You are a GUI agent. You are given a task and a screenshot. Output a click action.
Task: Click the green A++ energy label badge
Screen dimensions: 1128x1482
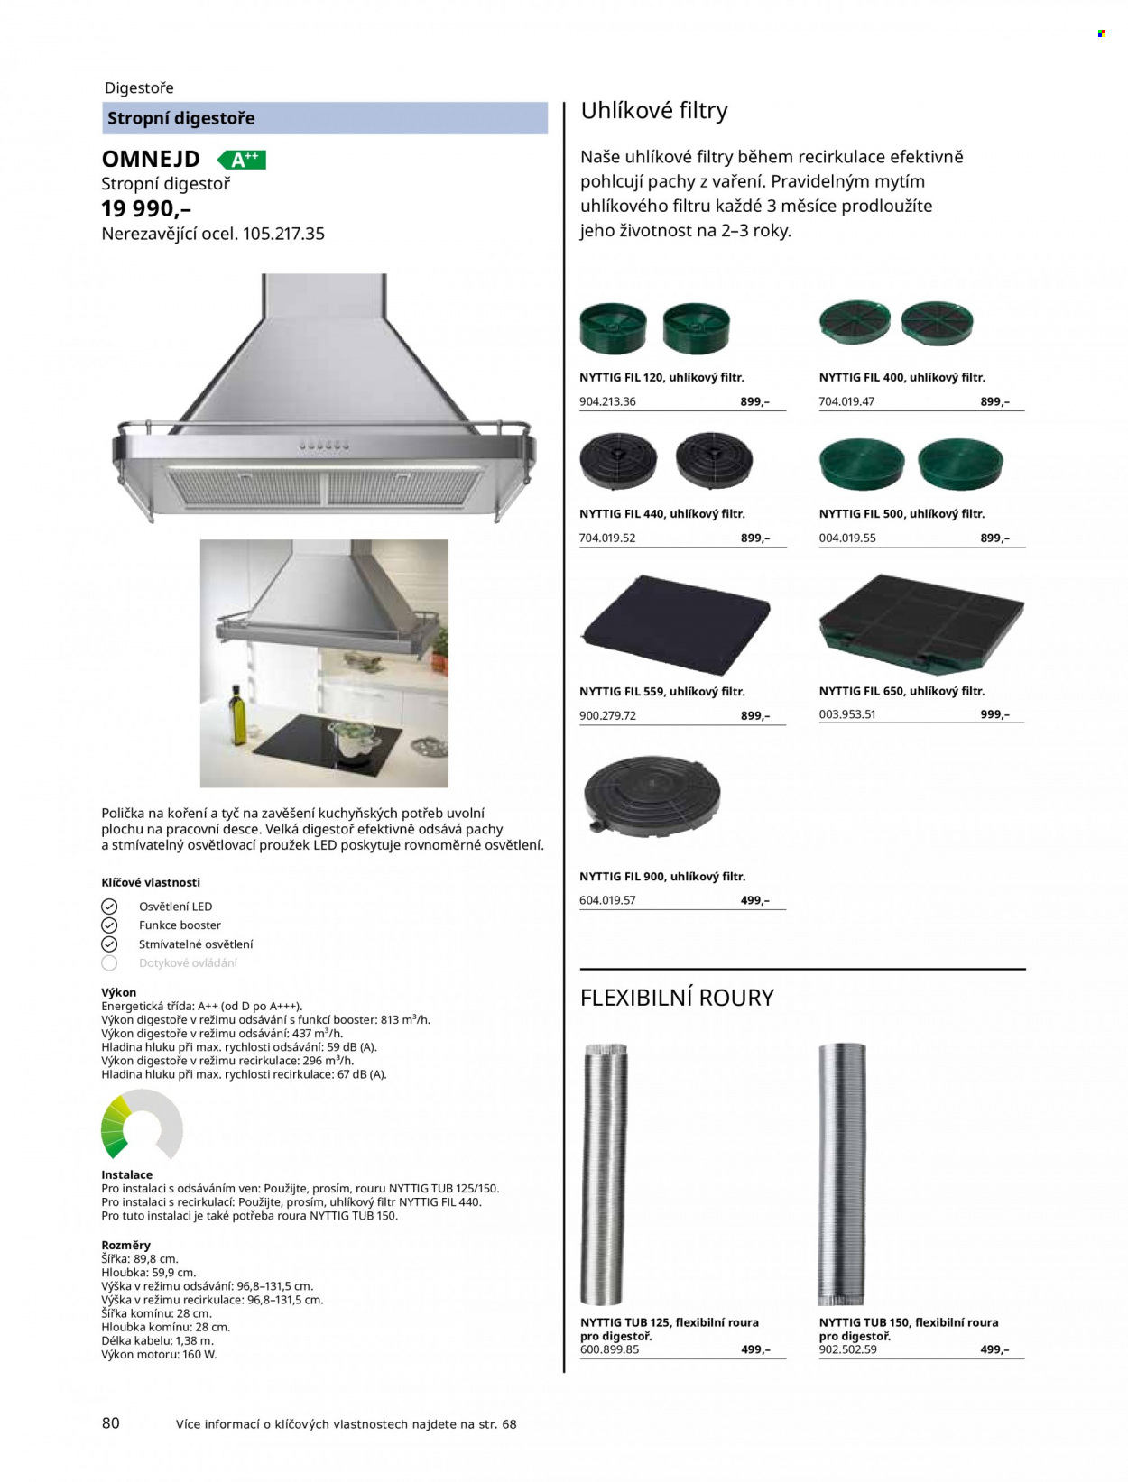coord(242,160)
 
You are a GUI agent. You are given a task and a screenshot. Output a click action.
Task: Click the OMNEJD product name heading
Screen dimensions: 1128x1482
coord(151,160)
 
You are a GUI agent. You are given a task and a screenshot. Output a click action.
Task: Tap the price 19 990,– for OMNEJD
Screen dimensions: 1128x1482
coord(146,209)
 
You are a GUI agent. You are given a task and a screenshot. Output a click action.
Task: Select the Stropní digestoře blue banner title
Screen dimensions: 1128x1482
coord(181,118)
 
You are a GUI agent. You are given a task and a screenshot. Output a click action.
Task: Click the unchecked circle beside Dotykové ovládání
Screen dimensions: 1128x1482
coord(109,962)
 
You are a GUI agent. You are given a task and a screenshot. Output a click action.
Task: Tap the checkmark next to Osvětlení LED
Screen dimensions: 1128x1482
coord(109,907)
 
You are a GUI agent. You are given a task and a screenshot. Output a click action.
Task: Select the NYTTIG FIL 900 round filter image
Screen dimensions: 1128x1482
coord(652,796)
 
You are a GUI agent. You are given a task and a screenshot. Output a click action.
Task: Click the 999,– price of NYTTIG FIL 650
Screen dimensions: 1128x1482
coord(994,714)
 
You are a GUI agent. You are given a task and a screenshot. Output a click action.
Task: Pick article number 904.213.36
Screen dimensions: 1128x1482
coord(607,401)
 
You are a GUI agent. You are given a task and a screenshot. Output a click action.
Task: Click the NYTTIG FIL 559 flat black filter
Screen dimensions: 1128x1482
coord(676,624)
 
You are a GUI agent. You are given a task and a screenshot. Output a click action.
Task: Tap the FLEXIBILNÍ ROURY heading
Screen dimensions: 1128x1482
coord(677,998)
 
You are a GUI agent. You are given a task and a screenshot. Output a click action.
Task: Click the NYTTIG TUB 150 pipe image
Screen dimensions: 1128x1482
coord(842,1174)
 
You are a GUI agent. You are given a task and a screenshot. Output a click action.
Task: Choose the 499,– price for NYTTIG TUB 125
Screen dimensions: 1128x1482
coord(755,1349)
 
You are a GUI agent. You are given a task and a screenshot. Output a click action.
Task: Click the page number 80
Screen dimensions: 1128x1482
coord(111,1423)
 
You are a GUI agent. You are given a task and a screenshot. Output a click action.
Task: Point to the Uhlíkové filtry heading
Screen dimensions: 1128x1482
coord(654,111)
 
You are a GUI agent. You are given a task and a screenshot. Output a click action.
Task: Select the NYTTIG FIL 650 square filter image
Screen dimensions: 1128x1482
coord(921,624)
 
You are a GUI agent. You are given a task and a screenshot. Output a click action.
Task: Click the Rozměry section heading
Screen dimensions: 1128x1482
coord(125,1245)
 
